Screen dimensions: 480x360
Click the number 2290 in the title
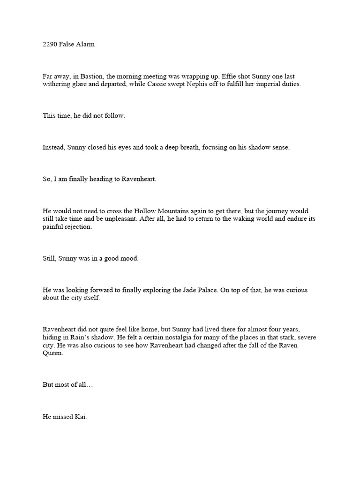tap(50, 45)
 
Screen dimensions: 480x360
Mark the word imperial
tap(278, 84)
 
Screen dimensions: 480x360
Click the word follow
tap(115, 115)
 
